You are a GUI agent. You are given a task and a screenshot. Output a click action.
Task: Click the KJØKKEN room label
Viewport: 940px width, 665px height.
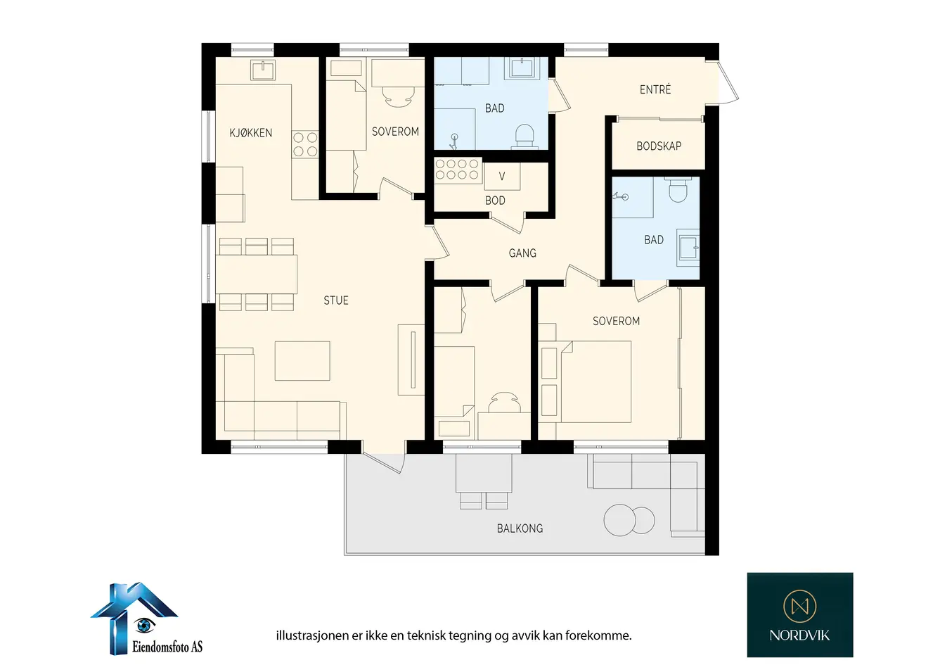pos(250,133)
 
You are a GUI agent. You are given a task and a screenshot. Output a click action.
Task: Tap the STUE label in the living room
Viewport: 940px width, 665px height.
pos(336,300)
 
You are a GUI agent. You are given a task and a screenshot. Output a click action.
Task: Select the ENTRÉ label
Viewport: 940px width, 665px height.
pos(655,89)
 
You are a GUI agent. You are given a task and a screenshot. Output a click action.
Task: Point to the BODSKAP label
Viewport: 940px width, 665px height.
pos(658,146)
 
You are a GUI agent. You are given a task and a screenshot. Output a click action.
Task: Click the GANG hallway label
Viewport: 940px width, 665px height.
pos(522,253)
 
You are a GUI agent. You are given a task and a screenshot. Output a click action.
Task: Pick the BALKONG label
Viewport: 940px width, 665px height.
pos(520,528)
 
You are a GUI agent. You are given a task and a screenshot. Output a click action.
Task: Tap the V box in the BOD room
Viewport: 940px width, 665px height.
pos(502,176)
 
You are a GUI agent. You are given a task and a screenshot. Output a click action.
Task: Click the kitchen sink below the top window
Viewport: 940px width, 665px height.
pos(263,70)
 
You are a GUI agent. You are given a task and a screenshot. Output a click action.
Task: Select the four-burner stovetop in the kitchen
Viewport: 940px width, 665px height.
pos(305,144)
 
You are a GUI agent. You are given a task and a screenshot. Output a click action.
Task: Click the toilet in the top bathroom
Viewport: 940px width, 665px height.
pos(524,136)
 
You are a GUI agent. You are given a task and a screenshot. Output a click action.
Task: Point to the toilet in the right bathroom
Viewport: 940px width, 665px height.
pos(678,189)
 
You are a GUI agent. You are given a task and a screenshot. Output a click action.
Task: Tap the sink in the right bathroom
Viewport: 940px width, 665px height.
pos(688,248)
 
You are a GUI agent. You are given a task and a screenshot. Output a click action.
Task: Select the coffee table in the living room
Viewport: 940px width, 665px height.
pos(302,361)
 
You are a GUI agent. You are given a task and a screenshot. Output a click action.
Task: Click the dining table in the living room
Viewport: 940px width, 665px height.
pos(257,274)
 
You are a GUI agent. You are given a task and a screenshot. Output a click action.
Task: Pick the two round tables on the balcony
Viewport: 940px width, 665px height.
pos(629,520)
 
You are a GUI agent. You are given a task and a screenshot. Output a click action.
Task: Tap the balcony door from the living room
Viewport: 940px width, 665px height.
pos(384,462)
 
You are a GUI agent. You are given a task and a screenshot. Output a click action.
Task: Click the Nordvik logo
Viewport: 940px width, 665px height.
pos(800,614)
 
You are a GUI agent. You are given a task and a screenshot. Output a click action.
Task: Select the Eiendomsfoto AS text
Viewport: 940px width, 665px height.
pos(167,647)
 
